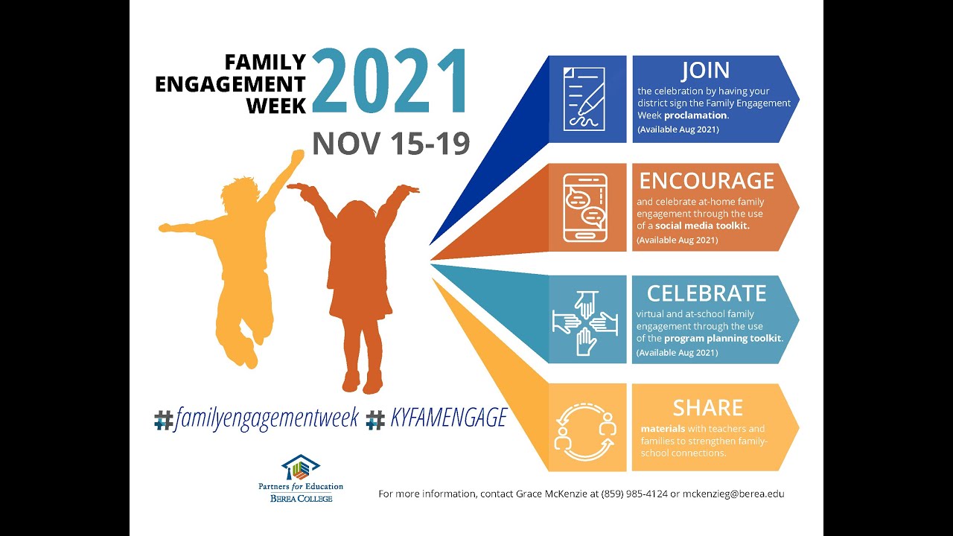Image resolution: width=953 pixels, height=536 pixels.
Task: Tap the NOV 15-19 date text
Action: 391,143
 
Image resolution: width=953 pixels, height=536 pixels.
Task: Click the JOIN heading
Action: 705,71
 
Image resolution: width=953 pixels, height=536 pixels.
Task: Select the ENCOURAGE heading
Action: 707,180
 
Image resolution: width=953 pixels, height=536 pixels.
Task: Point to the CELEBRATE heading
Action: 707,293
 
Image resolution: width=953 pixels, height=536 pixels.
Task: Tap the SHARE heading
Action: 707,407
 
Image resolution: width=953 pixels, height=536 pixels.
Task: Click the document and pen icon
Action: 584,99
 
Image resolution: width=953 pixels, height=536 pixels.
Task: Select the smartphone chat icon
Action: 584,208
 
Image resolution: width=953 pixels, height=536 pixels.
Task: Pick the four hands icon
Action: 584,320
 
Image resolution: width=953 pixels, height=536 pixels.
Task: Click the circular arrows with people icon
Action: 584,429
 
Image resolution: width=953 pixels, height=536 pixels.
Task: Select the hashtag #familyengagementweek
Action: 257,418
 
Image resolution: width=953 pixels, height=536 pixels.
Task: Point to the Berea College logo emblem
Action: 300,468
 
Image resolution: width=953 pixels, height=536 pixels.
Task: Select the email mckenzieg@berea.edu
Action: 733,494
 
